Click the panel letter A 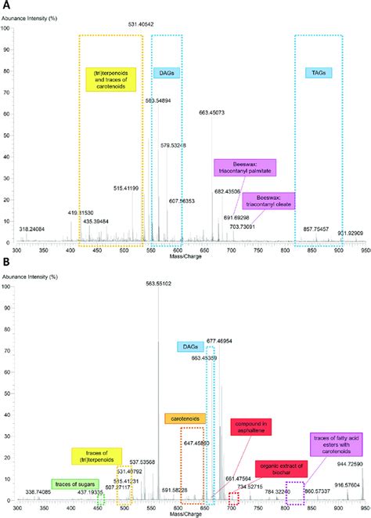pyautogui.click(x=5, y=5)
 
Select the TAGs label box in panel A pyautogui.click(x=319, y=73)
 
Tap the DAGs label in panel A pyautogui.click(x=165, y=73)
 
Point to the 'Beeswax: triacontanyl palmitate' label pyautogui.click(x=239, y=168)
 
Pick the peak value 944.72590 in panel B pyautogui.click(x=349, y=464)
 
